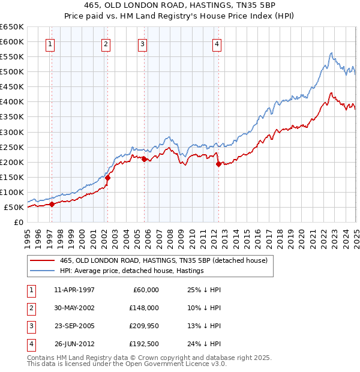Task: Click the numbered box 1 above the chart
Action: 50,43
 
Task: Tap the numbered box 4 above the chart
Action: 217,43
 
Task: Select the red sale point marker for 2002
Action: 107,178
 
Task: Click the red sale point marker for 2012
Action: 218,164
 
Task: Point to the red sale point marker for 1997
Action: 52,204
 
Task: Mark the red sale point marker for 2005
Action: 144,159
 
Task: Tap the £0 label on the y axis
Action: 18,222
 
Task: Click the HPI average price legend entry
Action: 132,271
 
